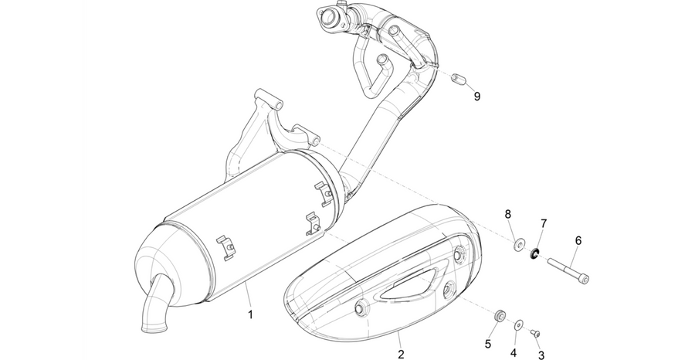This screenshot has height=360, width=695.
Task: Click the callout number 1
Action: point(250,314)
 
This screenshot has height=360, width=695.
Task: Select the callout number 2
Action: point(401,355)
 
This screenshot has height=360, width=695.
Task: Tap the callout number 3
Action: point(541,355)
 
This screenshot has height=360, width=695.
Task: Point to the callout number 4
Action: point(514,353)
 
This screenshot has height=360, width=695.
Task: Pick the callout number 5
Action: point(487,344)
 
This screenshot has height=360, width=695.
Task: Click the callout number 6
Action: point(578,241)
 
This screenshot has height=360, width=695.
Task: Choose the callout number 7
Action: point(544,223)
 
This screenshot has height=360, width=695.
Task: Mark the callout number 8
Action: point(508,215)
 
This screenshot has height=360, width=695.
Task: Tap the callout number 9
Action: point(477,97)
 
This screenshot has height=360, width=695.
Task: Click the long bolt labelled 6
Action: point(568,270)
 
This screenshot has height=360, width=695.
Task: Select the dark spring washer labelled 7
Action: point(534,254)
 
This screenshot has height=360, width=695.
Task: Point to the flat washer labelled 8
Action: point(518,245)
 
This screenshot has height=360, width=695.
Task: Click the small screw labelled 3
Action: point(535,332)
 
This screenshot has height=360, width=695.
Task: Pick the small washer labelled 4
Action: point(518,326)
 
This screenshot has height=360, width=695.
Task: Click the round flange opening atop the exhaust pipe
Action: point(330,17)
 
